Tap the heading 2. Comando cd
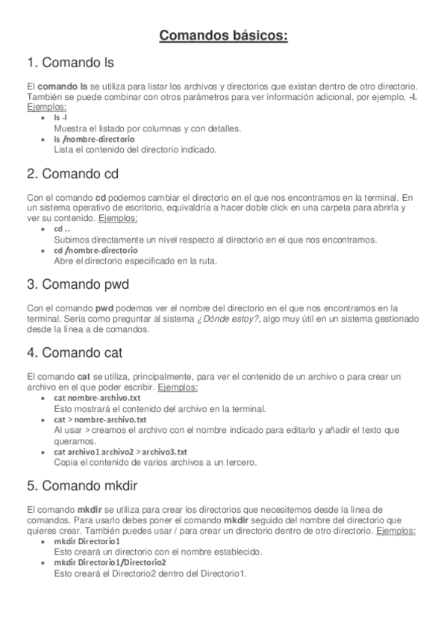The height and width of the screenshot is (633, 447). pos(72,175)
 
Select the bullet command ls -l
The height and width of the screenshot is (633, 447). pos(61,118)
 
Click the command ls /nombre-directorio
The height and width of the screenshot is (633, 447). pos(94,139)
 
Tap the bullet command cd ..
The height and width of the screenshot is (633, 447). pos(62,229)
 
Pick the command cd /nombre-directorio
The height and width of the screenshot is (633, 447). pos(96,251)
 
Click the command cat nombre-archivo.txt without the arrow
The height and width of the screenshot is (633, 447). pos(97,399)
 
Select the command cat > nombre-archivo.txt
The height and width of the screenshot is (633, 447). pos(100,420)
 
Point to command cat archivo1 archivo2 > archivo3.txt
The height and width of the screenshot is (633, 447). pos(120,452)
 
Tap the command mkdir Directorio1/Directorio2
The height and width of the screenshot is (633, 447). pos(110,562)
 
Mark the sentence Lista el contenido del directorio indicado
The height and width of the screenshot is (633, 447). pos(135,149)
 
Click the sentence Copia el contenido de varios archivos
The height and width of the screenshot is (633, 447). pos(155,462)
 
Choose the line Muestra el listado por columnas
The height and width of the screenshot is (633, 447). pos(146,128)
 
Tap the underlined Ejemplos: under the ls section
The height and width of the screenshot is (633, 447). pos(46,107)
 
